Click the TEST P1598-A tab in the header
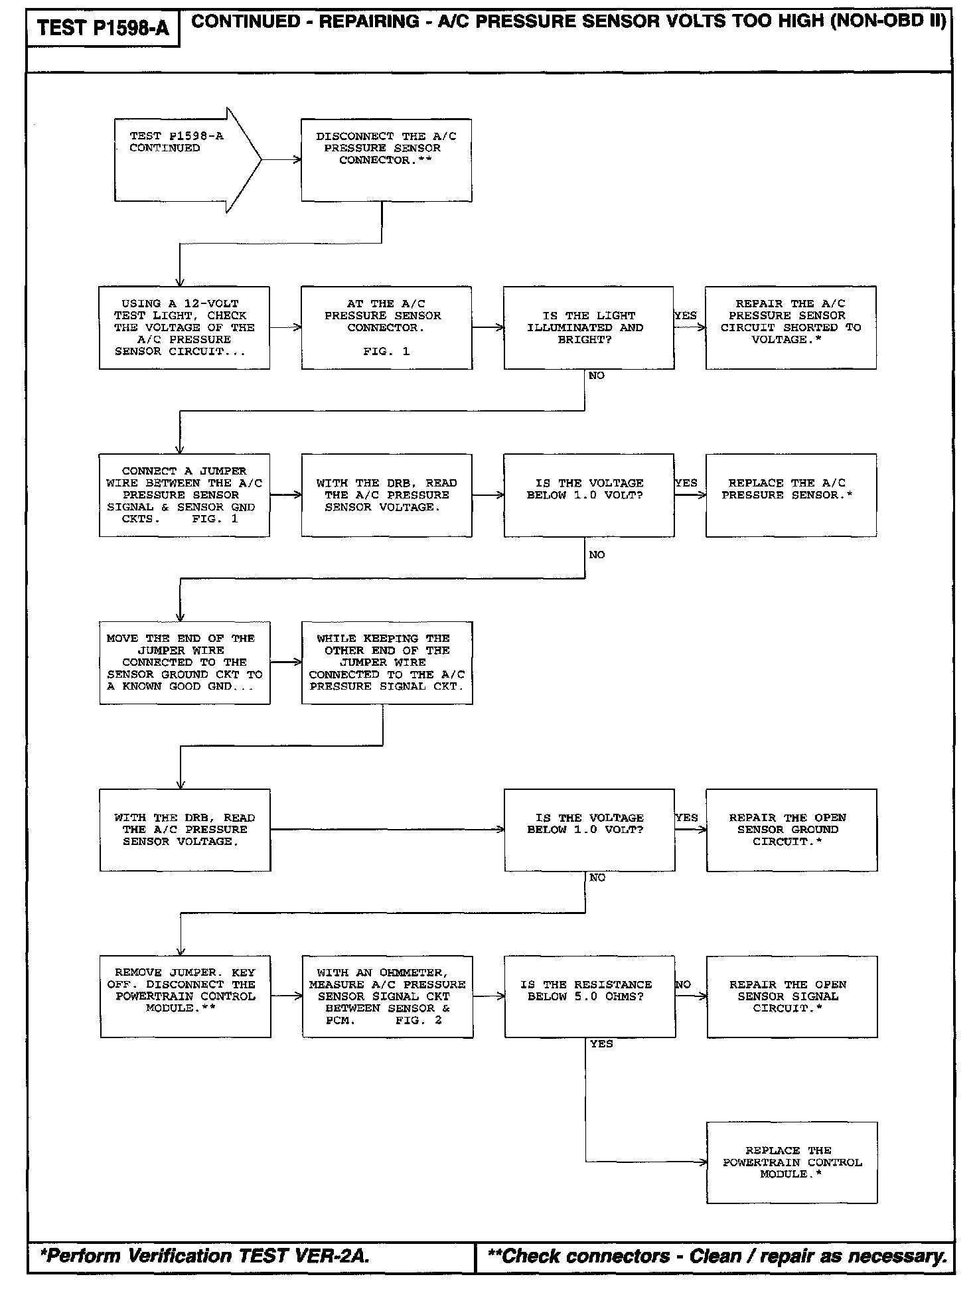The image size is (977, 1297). (x=103, y=28)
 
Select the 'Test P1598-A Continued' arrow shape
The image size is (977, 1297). (x=179, y=159)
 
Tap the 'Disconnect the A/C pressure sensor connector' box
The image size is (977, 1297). (x=386, y=160)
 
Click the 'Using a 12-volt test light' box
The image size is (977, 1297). (x=185, y=327)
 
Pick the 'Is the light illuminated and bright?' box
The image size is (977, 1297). (x=588, y=327)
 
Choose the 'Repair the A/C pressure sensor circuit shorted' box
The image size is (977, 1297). (x=790, y=327)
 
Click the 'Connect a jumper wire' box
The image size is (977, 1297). (x=185, y=495)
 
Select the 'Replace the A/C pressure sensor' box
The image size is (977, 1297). (x=790, y=495)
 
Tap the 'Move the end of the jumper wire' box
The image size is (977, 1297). (x=185, y=662)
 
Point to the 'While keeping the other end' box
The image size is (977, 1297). (x=387, y=662)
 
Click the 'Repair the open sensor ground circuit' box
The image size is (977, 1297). (x=791, y=830)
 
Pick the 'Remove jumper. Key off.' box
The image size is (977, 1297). (x=185, y=996)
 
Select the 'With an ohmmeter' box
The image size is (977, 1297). (x=388, y=996)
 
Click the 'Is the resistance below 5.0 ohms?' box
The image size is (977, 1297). (x=589, y=996)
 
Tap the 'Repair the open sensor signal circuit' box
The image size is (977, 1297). (x=792, y=996)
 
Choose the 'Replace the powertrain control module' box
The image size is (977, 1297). (x=792, y=1162)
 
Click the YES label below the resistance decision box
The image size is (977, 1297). (x=601, y=1044)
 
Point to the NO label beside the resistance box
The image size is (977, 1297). (x=683, y=984)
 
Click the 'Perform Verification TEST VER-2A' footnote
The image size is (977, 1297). (x=204, y=1256)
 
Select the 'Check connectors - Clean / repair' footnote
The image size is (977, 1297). (x=717, y=1256)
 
